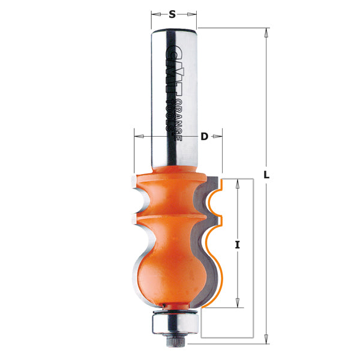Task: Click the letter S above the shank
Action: click(173, 13)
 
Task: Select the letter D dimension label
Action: click(204, 136)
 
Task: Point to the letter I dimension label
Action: click(238, 245)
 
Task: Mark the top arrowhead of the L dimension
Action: click(265, 32)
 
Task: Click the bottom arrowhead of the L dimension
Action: click(265, 339)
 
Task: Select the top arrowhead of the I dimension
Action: click(238, 183)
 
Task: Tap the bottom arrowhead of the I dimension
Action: click(238, 303)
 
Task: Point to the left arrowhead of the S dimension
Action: click(154, 13)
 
